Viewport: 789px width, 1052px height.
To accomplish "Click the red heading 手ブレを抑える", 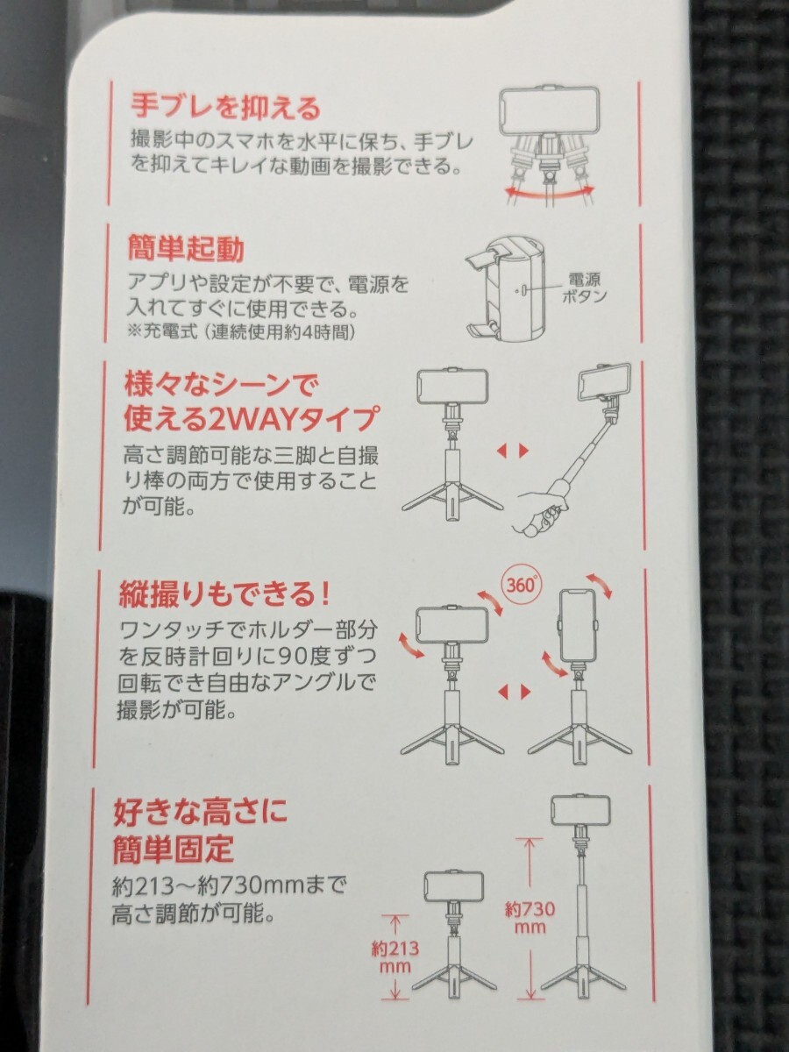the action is tap(225, 107).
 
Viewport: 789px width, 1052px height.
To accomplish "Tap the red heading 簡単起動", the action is tap(186, 248).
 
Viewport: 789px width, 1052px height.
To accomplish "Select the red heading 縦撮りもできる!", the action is tap(224, 594).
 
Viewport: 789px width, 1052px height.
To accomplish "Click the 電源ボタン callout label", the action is tap(584, 287).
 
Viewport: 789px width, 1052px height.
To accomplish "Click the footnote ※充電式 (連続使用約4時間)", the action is tap(241, 332).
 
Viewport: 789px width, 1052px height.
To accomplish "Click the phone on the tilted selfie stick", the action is tap(605, 384).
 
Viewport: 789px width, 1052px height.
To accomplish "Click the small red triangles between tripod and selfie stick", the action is tap(513, 451).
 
